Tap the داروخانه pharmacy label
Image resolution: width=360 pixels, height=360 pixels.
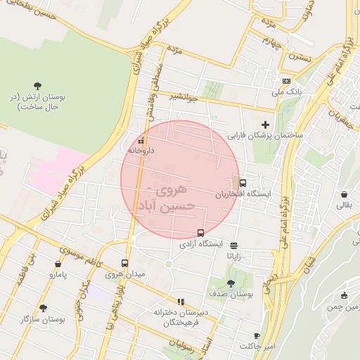(x=142, y=150)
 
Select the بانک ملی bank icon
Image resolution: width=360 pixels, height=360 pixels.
(x=285, y=81)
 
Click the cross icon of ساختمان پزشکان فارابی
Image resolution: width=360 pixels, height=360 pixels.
(x=265, y=124)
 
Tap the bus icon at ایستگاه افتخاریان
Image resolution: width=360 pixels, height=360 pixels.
(x=243, y=183)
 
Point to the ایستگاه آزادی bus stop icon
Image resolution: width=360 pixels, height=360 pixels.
(x=201, y=233)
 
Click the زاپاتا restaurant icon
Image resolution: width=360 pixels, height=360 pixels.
(x=233, y=245)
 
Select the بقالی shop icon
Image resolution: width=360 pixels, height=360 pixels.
(x=344, y=195)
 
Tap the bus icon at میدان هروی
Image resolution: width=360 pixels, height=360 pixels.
(x=125, y=263)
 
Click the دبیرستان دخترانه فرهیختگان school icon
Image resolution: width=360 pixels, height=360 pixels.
(x=181, y=302)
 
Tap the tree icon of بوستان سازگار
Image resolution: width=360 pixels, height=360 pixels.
(x=43, y=308)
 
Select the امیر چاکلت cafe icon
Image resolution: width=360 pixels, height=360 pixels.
(x=257, y=336)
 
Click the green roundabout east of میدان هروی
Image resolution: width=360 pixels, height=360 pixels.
(x=168, y=264)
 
